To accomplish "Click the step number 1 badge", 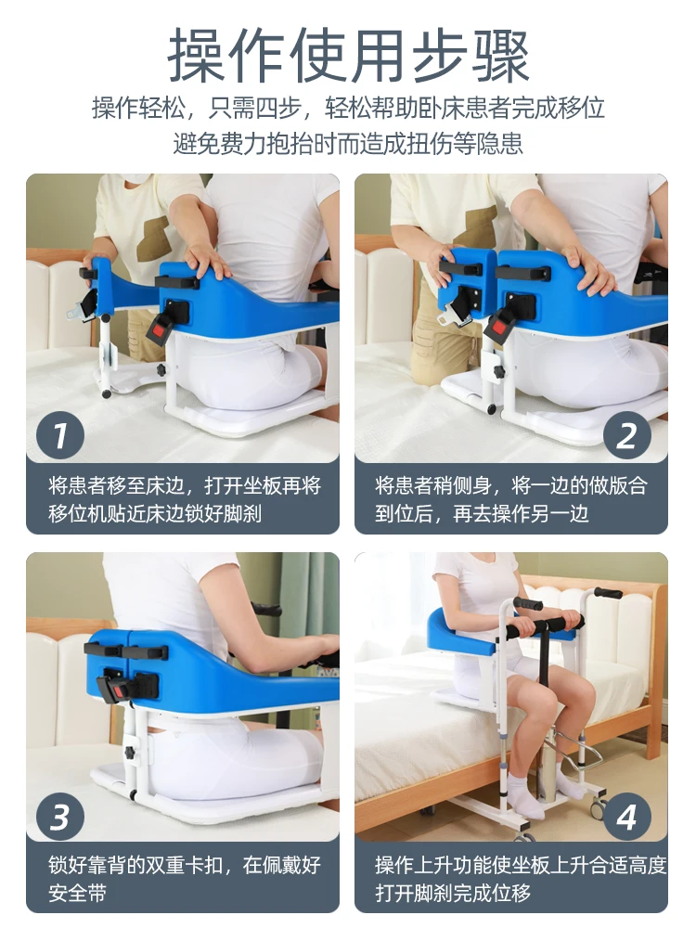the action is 60,436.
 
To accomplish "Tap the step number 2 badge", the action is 626,436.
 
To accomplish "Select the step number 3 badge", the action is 60,817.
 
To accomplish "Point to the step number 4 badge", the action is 626,817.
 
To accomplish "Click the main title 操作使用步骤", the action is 348,57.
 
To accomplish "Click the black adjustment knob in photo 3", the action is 130,754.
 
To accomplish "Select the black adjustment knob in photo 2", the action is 499,372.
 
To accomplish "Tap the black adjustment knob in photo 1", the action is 161,370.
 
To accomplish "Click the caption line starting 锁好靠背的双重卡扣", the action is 185,865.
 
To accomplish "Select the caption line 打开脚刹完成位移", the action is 453,893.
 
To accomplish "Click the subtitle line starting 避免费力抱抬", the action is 348,143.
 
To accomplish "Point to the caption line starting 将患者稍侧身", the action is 511,485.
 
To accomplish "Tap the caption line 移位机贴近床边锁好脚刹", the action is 155,513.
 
